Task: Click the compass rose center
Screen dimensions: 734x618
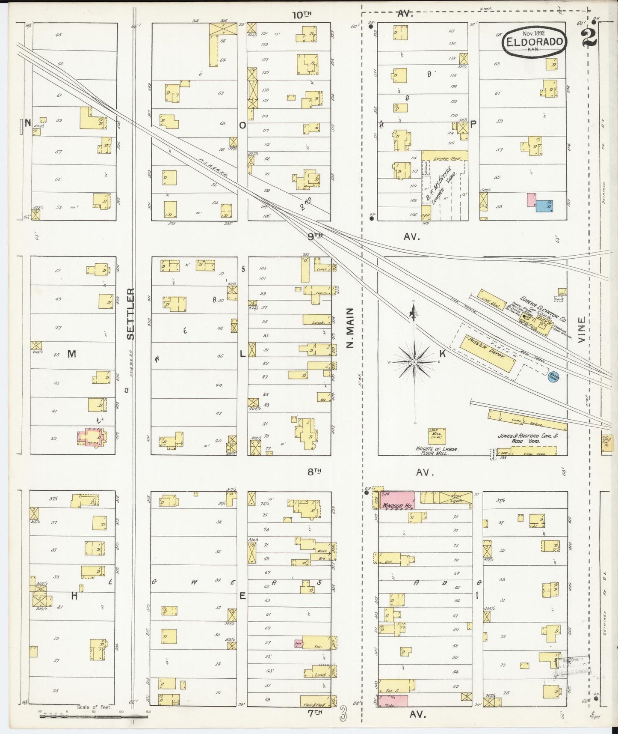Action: (414, 362)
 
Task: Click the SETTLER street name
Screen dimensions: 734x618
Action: (131, 314)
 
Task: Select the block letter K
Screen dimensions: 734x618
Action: (443, 354)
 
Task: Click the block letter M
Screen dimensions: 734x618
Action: (72, 354)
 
